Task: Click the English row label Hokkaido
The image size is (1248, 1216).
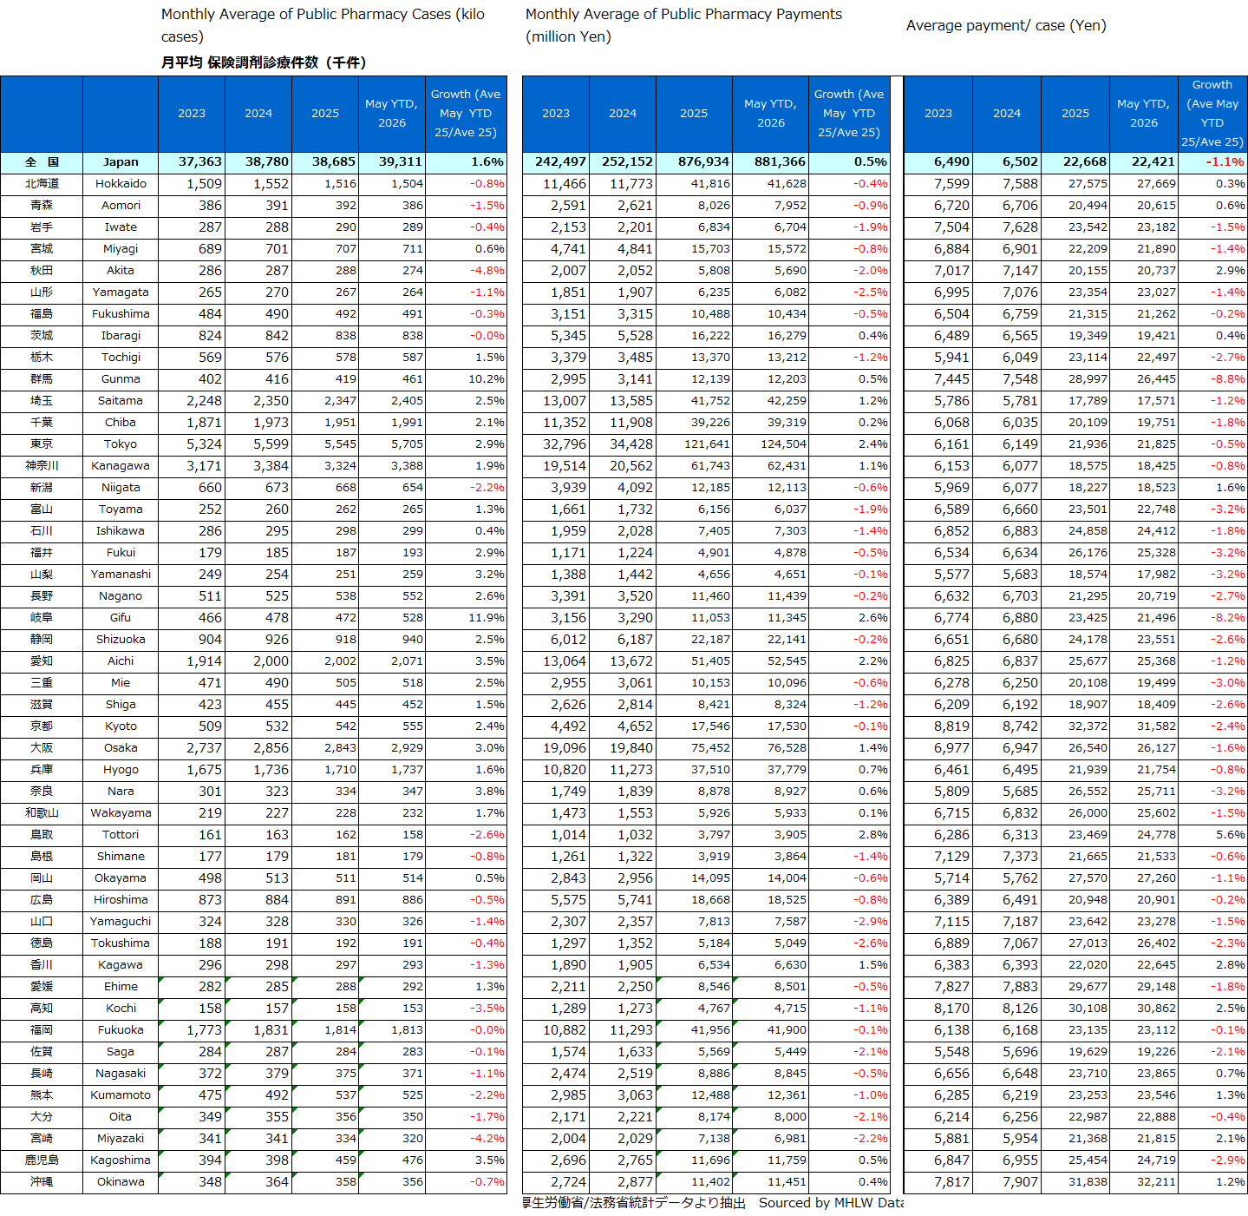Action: (121, 183)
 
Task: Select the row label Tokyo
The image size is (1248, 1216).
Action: (121, 444)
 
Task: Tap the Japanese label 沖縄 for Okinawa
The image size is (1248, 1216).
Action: (42, 1181)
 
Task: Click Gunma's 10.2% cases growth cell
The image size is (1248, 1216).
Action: (487, 378)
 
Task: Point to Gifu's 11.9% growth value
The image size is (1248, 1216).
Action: (487, 617)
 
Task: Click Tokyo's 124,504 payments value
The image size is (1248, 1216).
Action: (776, 444)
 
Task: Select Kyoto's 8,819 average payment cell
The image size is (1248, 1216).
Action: (951, 726)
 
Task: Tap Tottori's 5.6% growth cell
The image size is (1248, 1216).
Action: (1230, 834)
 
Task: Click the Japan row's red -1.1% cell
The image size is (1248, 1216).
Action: (1225, 161)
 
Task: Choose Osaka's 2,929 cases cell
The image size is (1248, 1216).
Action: (407, 747)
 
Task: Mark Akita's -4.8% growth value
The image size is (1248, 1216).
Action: (487, 270)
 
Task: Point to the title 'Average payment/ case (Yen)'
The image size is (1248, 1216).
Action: (1006, 26)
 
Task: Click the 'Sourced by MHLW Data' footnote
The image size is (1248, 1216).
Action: (831, 1202)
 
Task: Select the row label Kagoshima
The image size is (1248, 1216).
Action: (121, 1160)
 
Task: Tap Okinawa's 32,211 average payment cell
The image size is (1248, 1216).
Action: (1156, 1181)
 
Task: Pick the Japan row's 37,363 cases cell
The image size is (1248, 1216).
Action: (200, 161)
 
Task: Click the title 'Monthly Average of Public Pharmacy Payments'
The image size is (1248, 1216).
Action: (683, 15)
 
